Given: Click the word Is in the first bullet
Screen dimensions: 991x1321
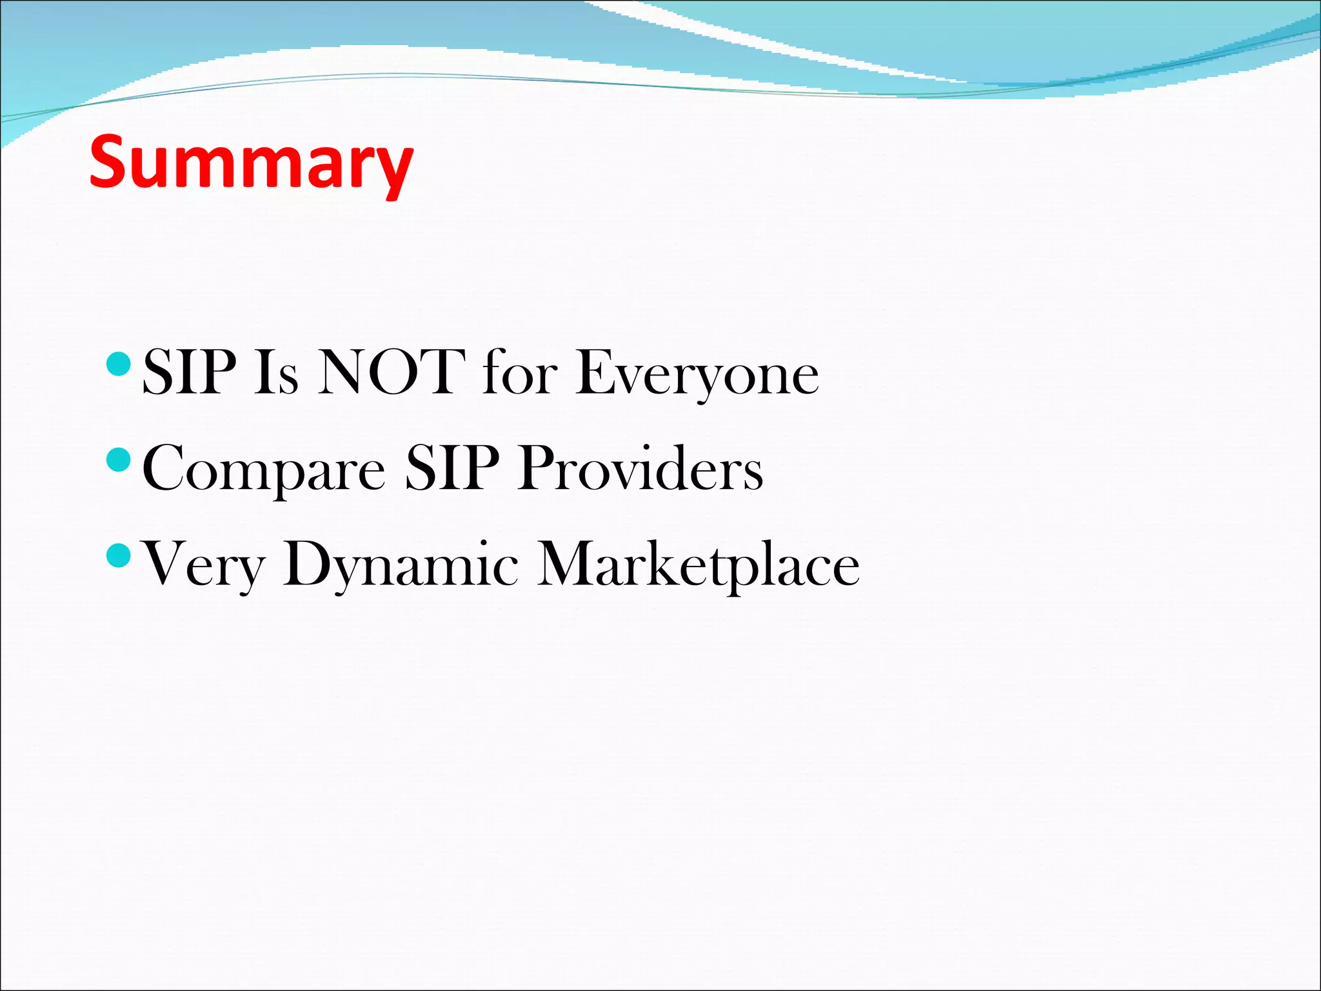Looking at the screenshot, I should point(276,372).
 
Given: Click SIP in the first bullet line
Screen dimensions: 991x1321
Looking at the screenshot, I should point(189,372).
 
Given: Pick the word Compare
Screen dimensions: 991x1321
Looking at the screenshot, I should point(263,470).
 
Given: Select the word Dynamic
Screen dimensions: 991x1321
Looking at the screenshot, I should point(400,565).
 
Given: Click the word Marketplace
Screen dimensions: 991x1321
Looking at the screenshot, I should point(699,565).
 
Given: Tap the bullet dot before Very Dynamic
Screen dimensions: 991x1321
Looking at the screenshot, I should point(118,554).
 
